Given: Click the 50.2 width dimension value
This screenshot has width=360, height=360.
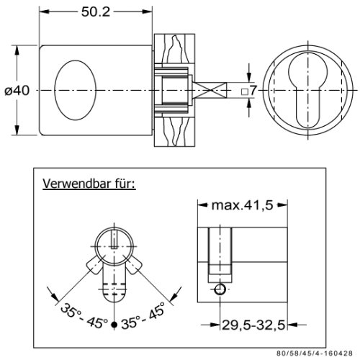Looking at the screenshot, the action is [96, 12].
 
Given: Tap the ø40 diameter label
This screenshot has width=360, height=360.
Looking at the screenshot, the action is [17, 91].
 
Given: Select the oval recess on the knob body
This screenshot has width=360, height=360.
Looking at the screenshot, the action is [75, 90].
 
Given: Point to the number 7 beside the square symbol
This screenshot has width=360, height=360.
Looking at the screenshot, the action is [253, 91].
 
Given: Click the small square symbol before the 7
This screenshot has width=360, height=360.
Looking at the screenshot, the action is [245, 91].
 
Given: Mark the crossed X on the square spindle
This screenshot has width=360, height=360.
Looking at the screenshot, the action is [210, 90].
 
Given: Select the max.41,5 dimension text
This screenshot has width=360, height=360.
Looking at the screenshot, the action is [242, 205].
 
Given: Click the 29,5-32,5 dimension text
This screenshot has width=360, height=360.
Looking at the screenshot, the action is [253, 325].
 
